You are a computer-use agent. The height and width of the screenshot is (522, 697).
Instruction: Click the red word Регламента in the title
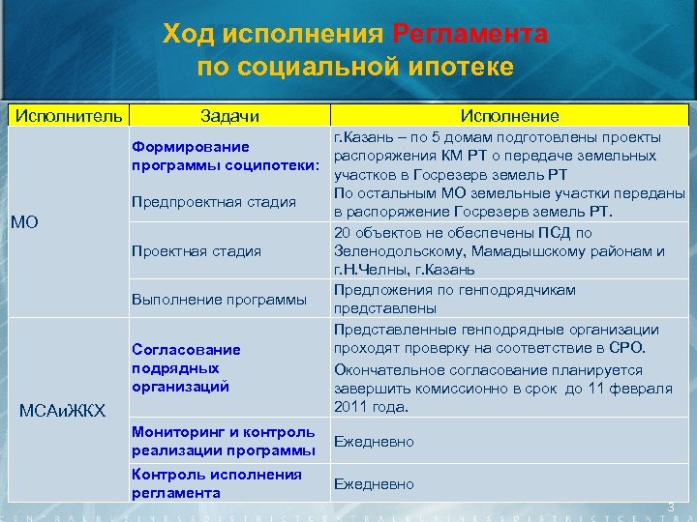pyautogui.click(x=470, y=35)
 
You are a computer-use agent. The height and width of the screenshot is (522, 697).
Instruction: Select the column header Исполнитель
pyautogui.click(x=66, y=116)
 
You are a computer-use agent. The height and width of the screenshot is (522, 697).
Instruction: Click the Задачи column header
pyautogui.click(x=229, y=116)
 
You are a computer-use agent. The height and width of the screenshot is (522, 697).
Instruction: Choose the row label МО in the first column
pyautogui.click(x=24, y=223)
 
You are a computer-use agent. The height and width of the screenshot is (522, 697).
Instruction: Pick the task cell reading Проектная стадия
pyautogui.click(x=197, y=251)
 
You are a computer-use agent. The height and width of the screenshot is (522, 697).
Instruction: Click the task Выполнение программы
pyautogui.click(x=220, y=300)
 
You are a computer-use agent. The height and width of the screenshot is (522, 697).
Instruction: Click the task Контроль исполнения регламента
pyautogui.click(x=217, y=483)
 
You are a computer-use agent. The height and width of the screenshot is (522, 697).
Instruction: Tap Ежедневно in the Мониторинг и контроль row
pyautogui.click(x=374, y=442)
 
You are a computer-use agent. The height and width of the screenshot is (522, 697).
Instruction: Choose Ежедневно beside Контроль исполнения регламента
pyautogui.click(x=374, y=483)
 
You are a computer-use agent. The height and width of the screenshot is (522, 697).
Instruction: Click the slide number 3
pyautogui.click(x=669, y=507)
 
